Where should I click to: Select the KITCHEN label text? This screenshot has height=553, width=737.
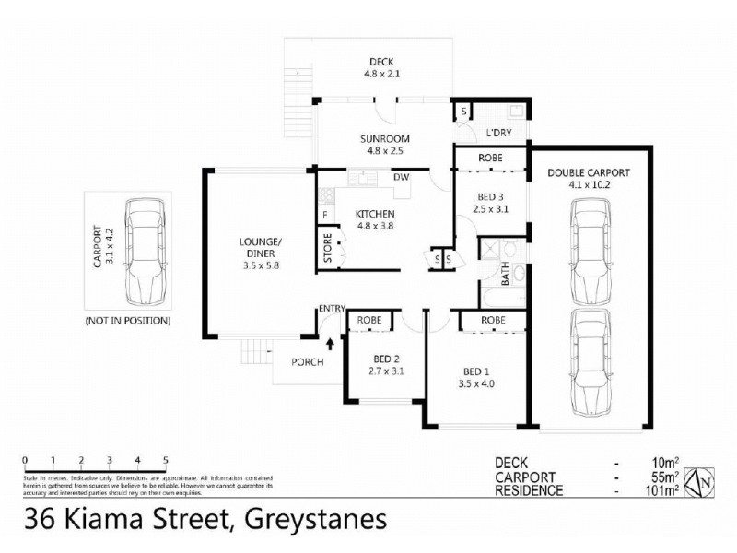click(375, 215)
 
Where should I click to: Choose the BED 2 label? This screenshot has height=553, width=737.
click(385, 360)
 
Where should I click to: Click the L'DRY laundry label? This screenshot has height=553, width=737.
click(498, 133)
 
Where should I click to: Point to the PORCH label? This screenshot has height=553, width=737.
click(308, 362)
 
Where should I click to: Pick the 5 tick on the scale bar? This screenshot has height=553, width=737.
click(166, 459)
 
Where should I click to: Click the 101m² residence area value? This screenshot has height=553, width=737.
click(661, 491)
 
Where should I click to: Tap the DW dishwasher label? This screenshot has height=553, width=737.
click(401, 178)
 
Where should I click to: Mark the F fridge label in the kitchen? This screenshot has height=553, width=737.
click(324, 216)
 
